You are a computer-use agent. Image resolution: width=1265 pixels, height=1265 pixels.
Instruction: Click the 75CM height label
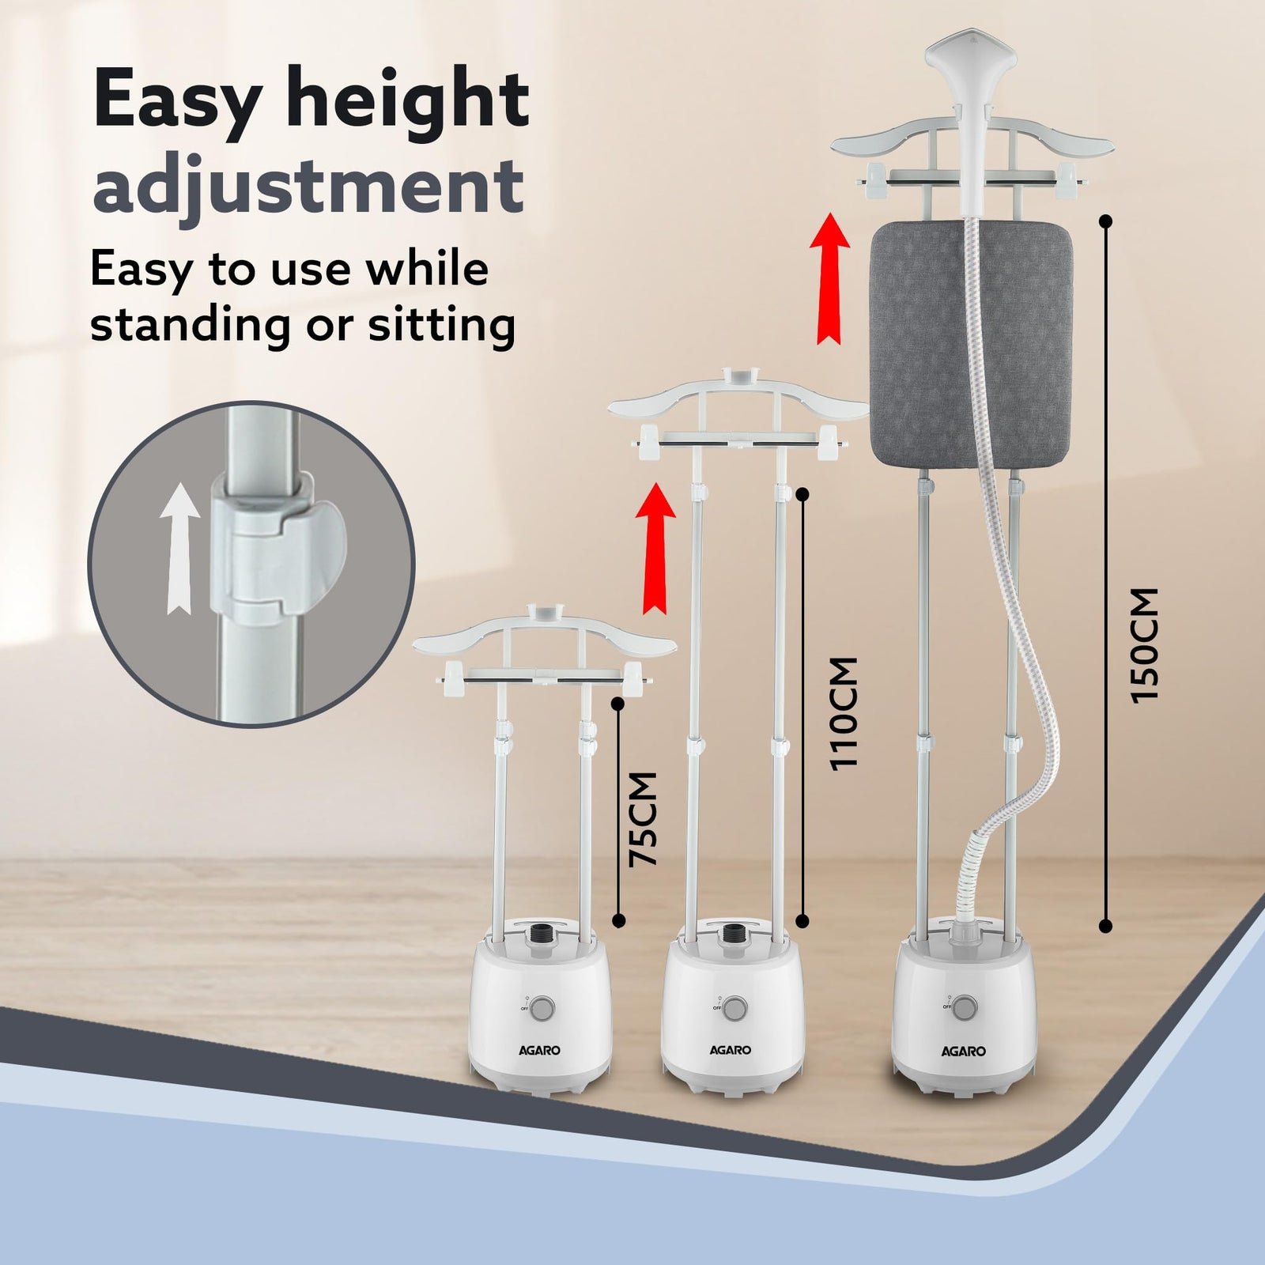(x=643, y=819)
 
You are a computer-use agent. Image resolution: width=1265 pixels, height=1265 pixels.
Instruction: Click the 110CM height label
(x=843, y=713)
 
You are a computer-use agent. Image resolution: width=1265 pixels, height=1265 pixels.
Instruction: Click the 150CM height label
(x=1144, y=644)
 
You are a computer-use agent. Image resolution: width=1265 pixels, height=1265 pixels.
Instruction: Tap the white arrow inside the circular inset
(x=179, y=548)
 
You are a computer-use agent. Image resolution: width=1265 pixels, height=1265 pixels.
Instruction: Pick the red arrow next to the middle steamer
(x=655, y=548)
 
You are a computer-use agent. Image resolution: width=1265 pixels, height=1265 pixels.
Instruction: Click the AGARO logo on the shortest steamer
(x=539, y=1050)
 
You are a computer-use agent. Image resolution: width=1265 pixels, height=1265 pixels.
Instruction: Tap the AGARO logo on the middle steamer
(x=730, y=1050)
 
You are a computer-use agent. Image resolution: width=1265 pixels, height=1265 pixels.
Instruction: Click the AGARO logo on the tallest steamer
(x=963, y=1051)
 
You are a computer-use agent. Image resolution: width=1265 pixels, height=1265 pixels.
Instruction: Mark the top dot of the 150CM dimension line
(x=1106, y=221)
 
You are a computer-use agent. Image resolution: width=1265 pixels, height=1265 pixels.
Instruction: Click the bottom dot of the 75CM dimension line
(x=619, y=920)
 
